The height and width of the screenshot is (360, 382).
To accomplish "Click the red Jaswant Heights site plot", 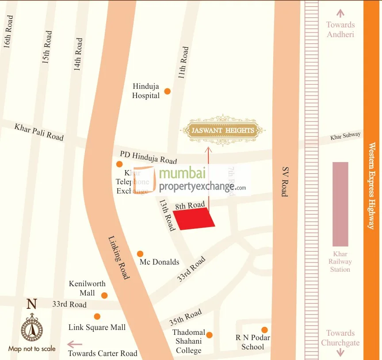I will coord(194,219).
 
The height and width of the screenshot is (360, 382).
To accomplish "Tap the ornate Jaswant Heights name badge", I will coord(223,130).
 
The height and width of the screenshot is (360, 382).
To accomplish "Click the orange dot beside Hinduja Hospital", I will coord(167,91).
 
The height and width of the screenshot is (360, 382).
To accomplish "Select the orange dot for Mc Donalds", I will coord(140,254).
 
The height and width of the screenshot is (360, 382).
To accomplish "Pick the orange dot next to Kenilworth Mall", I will coord(104,296).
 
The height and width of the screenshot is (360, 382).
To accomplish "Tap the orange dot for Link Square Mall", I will coord(97,316).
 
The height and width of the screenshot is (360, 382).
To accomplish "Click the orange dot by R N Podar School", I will coord(264,330).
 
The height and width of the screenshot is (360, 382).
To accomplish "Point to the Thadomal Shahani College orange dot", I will coord(210,335).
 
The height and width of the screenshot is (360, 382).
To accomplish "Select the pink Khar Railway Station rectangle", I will coord(340,204).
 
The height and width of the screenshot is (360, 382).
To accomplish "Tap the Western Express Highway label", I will coord(372,186).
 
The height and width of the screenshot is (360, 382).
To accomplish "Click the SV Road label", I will coord(284,181).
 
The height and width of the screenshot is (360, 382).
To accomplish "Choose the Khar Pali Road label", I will coord(39,132).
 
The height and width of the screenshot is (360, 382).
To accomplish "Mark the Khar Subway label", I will coord(345,137).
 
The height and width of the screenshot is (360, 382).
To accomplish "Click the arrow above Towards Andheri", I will coord(340,13).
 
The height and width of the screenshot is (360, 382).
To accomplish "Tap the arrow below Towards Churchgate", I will coord(340,352).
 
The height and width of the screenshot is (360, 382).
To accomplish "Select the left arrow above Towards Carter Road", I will coord(75,344).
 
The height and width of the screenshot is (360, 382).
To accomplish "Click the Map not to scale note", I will coord(32,349).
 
